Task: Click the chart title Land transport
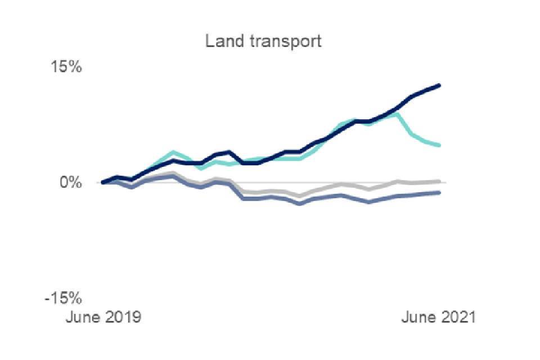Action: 264,42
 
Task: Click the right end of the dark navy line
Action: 439,85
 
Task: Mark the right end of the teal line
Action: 439,145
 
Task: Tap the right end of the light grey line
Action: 439,181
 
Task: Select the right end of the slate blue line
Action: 439,192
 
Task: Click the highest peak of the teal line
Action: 397,114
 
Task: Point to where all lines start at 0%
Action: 103,182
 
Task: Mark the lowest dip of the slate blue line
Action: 299,203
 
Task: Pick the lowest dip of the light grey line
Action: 299,196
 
